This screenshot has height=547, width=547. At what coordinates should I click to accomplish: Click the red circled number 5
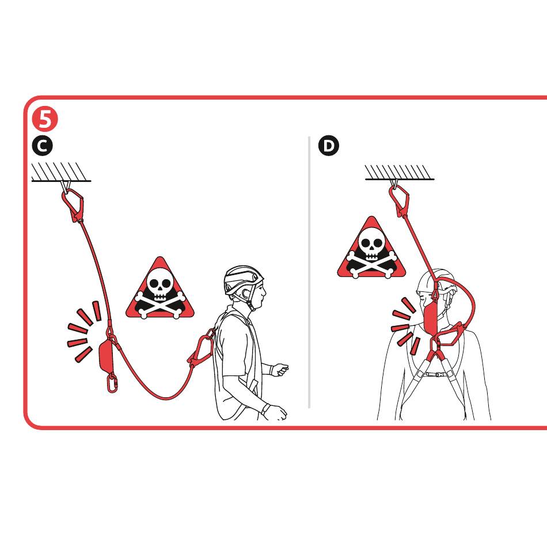pyautogui.click(x=45, y=119)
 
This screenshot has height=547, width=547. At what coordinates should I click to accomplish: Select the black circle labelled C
pyautogui.click(x=42, y=146)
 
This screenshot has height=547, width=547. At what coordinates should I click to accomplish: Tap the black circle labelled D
pyautogui.click(x=329, y=146)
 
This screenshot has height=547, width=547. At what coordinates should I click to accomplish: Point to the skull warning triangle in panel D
pyautogui.click(x=371, y=248)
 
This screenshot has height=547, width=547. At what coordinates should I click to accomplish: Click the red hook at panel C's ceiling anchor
pyautogui.click(x=73, y=205)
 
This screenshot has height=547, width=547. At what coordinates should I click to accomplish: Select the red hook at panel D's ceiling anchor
pyautogui.click(x=400, y=200)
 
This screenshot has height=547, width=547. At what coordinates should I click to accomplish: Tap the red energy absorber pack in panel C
pyautogui.click(x=105, y=357)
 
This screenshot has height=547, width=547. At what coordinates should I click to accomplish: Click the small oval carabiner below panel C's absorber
pyautogui.click(x=112, y=383)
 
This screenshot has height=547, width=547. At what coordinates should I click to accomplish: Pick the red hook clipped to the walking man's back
pyautogui.click(x=202, y=347)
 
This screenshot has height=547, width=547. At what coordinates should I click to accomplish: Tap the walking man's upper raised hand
pyautogui.click(x=280, y=370)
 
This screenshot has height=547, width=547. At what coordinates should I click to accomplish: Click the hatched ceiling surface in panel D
pyautogui.click(x=400, y=172)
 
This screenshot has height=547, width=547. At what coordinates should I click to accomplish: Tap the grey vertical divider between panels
pyautogui.click(x=309, y=272)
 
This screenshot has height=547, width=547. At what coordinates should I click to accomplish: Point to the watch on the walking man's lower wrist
pyautogui.click(x=265, y=408)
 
